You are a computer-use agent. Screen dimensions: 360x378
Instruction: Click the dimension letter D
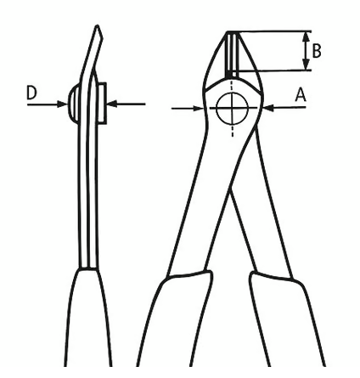pyautogui.click(x=31, y=93)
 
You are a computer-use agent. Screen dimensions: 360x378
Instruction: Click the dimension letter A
pyautogui.click(x=301, y=94)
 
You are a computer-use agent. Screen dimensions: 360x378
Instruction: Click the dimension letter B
pyautogui.click(x=317, y=51)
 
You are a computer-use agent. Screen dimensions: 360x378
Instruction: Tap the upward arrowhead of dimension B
pyautogui.click(x=306, y=37)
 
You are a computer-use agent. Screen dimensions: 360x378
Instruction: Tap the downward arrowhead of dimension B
pyautogui.click(x=306, y=64)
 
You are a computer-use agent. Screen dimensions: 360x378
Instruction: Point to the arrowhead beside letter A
pyautogui.click(x=268, y=108)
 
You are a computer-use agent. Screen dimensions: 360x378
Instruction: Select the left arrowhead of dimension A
pyautogui.click(x=198, y=108)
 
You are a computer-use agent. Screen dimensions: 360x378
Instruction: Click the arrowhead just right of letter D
pyautogui.click(x=63, y=104)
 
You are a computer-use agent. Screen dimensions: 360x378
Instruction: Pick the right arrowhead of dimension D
pyautogui.click(x=112, y=104)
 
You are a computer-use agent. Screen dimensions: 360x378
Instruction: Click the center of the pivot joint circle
pyautogui.click(x=232, y=108)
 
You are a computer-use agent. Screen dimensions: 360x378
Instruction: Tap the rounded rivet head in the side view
pyautogui.click(x=72, y=104)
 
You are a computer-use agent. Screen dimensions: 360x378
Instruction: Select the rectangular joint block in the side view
pyautogui.click(x=102, y=104)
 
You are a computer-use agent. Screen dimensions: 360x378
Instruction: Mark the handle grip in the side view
pyautogui.click(x=87, y=317)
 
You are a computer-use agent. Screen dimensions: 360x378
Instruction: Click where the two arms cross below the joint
pyautogui.click(x=232, y=190)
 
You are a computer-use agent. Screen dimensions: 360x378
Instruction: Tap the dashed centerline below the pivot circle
pyautogui.click(x=233, y=131)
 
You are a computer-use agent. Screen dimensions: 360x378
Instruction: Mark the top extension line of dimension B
pyautogui.click(x=269, y=31)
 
